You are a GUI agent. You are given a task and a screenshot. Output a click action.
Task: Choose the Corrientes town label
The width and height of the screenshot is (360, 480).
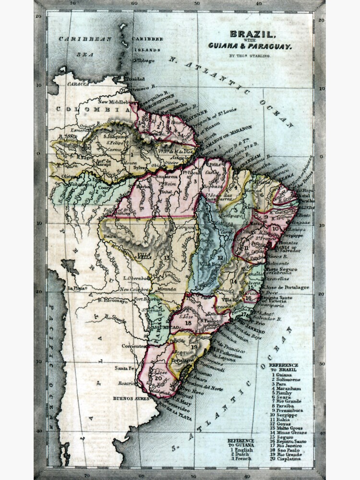(133, 346)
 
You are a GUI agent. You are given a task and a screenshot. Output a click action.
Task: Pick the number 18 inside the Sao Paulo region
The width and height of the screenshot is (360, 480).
(188, 323)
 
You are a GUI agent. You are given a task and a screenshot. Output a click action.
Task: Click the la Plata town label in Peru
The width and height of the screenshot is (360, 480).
(76, 288)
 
